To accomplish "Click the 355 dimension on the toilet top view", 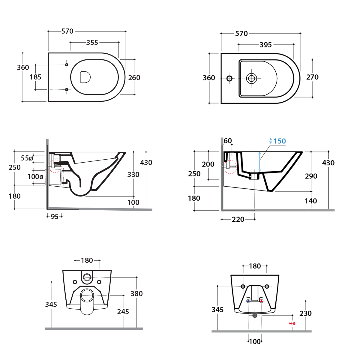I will (x=92, y=43).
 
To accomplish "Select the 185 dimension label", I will (x=35, y=77).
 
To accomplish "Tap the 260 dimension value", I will (x=134, y=78).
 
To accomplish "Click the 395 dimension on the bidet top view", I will (x=265, y=45).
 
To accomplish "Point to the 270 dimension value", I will (x=312, y=77).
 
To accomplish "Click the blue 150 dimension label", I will (x=280, y=141).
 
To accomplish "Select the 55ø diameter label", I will (x=27, y=158).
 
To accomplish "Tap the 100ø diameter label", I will (x=35, y=177).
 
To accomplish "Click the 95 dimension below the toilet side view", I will (x=55, y=217).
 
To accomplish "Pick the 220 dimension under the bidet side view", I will (x=238, y=220).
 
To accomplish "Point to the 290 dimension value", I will (x=311, y=176).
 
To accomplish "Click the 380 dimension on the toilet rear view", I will (x=136, y=294).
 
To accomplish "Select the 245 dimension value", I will (x=123, y=312).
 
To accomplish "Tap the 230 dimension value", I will (x=305, y=313).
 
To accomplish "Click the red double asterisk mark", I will (x=292, y=324).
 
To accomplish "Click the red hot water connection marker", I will (x=262, y=301).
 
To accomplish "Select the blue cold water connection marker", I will (x=248, y=301).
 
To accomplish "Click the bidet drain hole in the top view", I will (x=251, y=79).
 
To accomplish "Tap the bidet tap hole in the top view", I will (x=229, y=79).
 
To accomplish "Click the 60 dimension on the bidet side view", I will (x=228, y=141).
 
